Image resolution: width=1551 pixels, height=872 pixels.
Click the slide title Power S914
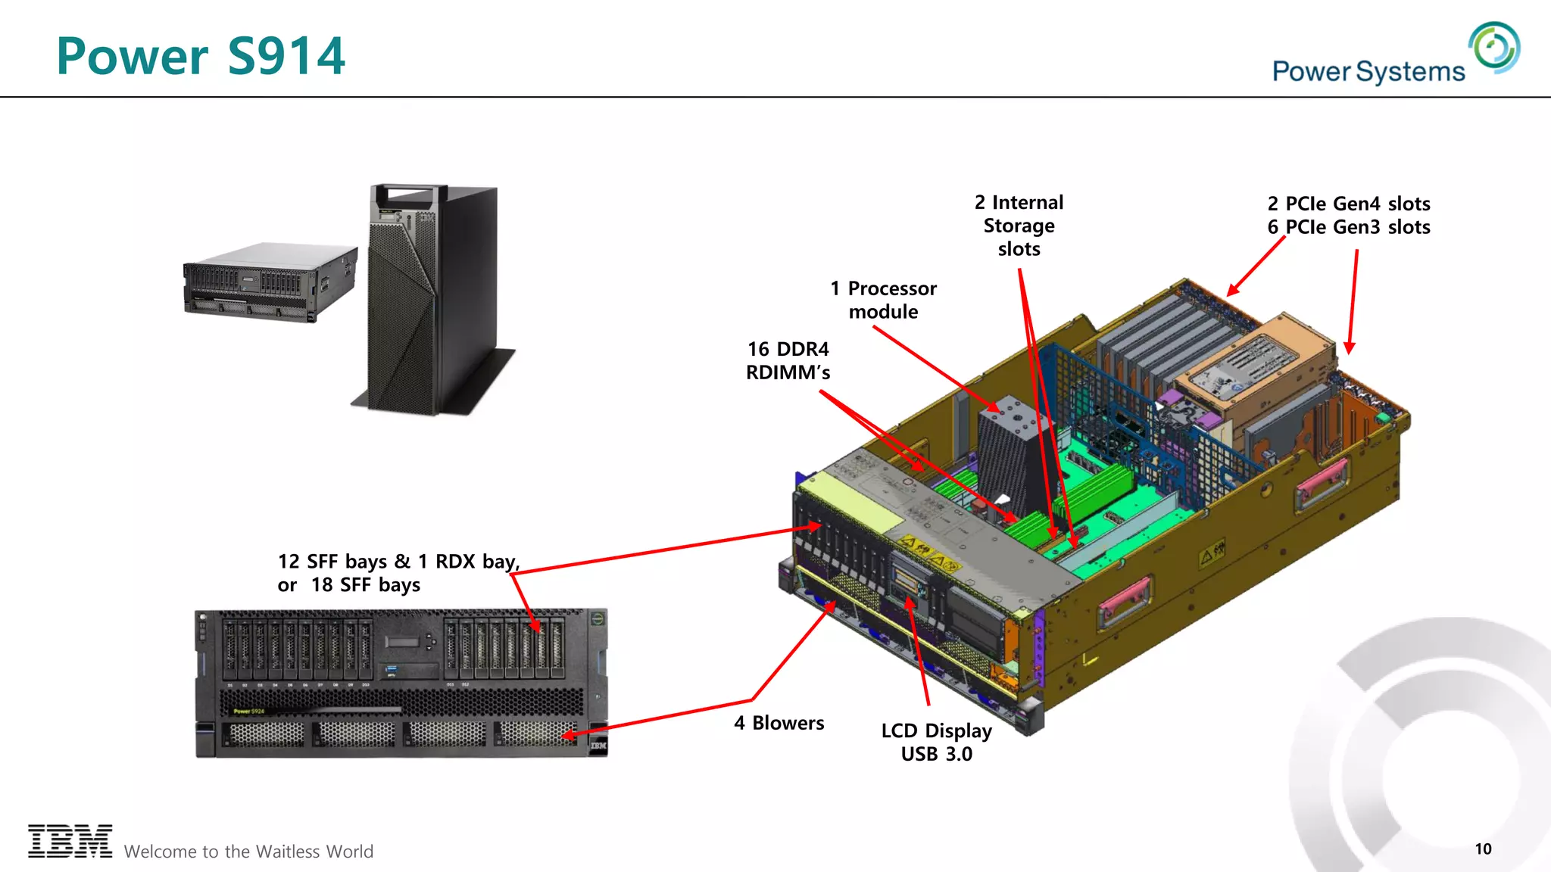click(201, 56)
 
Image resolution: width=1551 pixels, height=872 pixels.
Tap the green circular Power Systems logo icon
click(1494, 48)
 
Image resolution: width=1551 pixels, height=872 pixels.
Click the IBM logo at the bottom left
click(70, 841)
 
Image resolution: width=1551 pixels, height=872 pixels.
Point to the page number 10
click(1483, 849)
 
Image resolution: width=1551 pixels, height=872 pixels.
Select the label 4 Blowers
click(779, 723)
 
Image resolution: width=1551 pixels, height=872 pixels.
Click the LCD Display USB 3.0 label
click(936, 742)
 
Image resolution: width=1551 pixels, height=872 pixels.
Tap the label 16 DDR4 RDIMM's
click(788, 360)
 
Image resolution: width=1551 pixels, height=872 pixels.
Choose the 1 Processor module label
click(883, 300)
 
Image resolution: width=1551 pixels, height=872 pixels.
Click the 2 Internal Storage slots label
click(1019, 226)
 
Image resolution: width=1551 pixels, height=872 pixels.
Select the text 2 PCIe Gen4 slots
click(1349, 204)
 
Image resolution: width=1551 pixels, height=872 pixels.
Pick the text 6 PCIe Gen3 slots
click(1349, 227)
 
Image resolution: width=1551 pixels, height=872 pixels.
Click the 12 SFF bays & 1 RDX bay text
click(398, 562)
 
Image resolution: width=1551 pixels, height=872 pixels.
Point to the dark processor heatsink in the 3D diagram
click(1011, 454)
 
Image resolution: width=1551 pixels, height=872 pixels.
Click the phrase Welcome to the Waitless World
click(248, 852)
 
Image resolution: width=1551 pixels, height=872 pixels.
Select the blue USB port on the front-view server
click(391, 669)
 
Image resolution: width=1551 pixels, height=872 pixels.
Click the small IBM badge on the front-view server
click(598, 746)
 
